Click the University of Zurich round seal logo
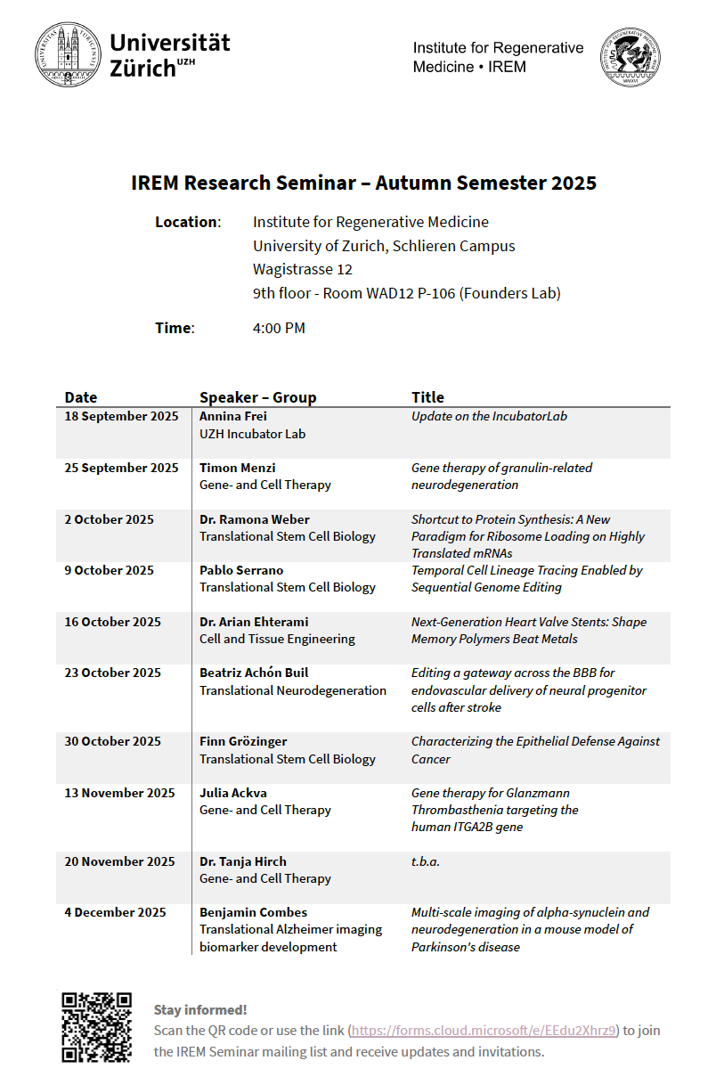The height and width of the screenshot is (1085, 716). point(68,54)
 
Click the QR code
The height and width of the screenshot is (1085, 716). point(96,1027)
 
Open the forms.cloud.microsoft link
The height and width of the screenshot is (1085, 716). point(484,1031)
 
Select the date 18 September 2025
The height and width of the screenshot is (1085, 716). point(121,416)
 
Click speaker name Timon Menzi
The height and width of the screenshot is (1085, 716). point(237,468)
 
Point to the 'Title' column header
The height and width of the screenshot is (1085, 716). point(427,397)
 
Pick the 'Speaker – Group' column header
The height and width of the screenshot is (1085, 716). point(257,397)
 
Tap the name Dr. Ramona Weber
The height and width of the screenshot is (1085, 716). point(255,519)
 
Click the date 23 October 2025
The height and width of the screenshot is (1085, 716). point(112,673)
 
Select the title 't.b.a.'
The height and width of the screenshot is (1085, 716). point(426,861)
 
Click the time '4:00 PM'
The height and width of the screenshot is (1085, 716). point(279,328)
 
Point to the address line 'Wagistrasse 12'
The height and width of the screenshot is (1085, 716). point(303,269)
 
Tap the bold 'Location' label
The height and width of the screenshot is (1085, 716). point(186,222)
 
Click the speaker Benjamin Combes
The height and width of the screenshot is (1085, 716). point(253,912)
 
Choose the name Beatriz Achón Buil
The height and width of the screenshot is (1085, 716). point(254,673)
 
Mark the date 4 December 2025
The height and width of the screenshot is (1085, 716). point(115,912)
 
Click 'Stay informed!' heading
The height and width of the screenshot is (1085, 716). point(200,1009)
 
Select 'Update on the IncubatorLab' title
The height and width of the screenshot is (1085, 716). point(489,416)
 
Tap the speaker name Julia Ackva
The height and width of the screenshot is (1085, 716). point(233,793)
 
